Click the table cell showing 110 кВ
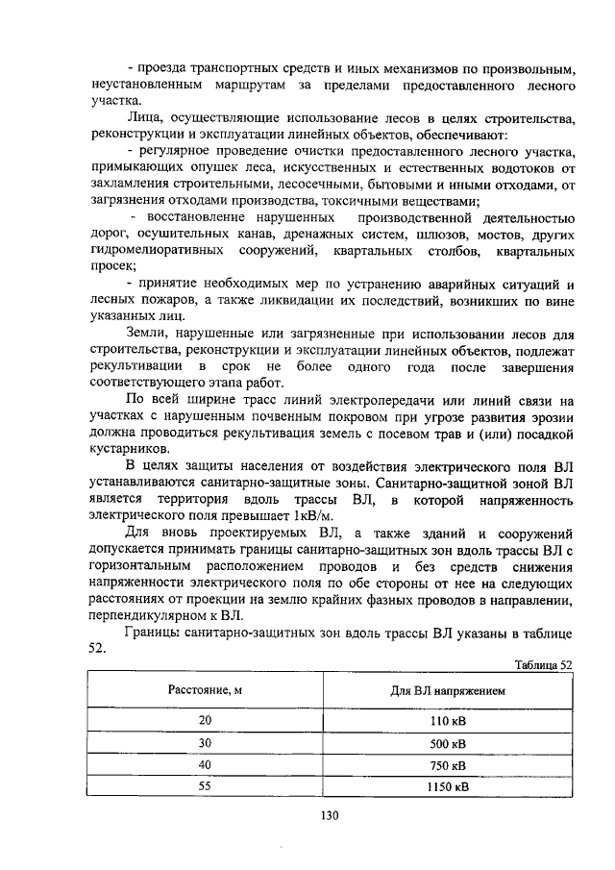[x=447, y=720]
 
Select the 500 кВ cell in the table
[x=447, y=743]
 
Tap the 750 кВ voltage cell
[x=447, y=765]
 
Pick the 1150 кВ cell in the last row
[x=447, y=788]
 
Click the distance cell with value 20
[x=204, y=720]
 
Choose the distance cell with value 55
[x=204, y=788]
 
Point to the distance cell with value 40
[x=204, y=765]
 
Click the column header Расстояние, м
[x=204, y=689]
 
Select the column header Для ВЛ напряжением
[x=447, y=689]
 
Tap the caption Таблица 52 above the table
[x=544, y=664]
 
